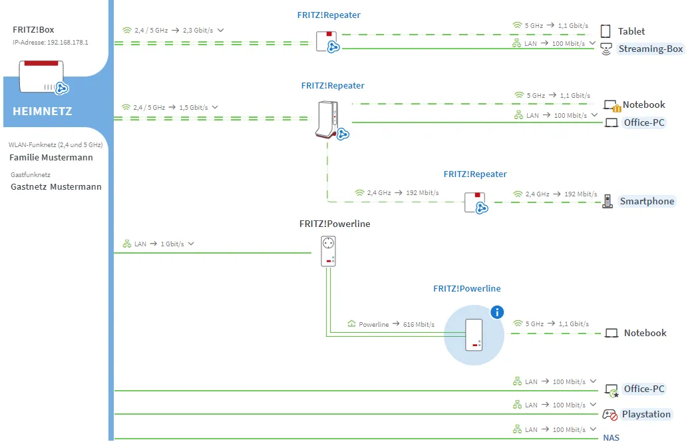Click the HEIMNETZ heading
[x=42, y=111]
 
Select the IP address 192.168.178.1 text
[x=51, y=42]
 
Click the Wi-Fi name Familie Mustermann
[x=51, y=158]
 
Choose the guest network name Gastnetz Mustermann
[x=56, y=187]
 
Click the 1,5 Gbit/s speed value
[x=194, y=107]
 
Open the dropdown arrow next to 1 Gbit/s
[x=191, y=244]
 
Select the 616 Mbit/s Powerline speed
[x=419, y=324]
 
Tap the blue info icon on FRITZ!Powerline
[x=496, y=312]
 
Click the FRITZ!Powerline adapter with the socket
[x=328, y=251]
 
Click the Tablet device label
[x=631, y=31]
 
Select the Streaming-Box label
[x=650, y=49]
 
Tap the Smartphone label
[x=647, y=201]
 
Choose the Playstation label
[x=646, y=414]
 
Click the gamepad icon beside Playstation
[x=609, y=414]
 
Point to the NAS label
[x=611, y=437]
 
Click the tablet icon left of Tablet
[x=605, y=31]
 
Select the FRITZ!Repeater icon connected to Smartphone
[x=475, y=202]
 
